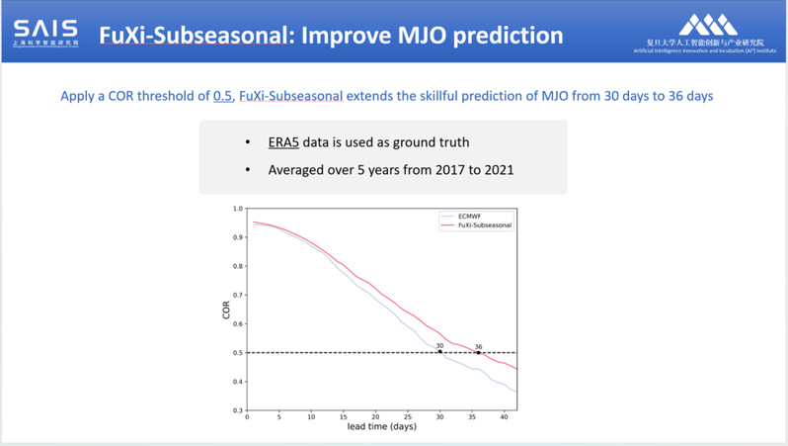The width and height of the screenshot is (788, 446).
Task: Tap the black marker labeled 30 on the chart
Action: tap(439, 352)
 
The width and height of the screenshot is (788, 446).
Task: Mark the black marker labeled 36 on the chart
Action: tap(479, 352)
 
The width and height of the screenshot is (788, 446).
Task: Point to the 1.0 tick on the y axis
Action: tap(235, 209)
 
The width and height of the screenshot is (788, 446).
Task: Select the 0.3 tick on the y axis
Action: tap(235, 410)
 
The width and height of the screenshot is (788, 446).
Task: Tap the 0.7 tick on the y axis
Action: tap(235, 295)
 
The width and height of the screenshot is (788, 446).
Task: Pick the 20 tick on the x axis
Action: tap(374, 417)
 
